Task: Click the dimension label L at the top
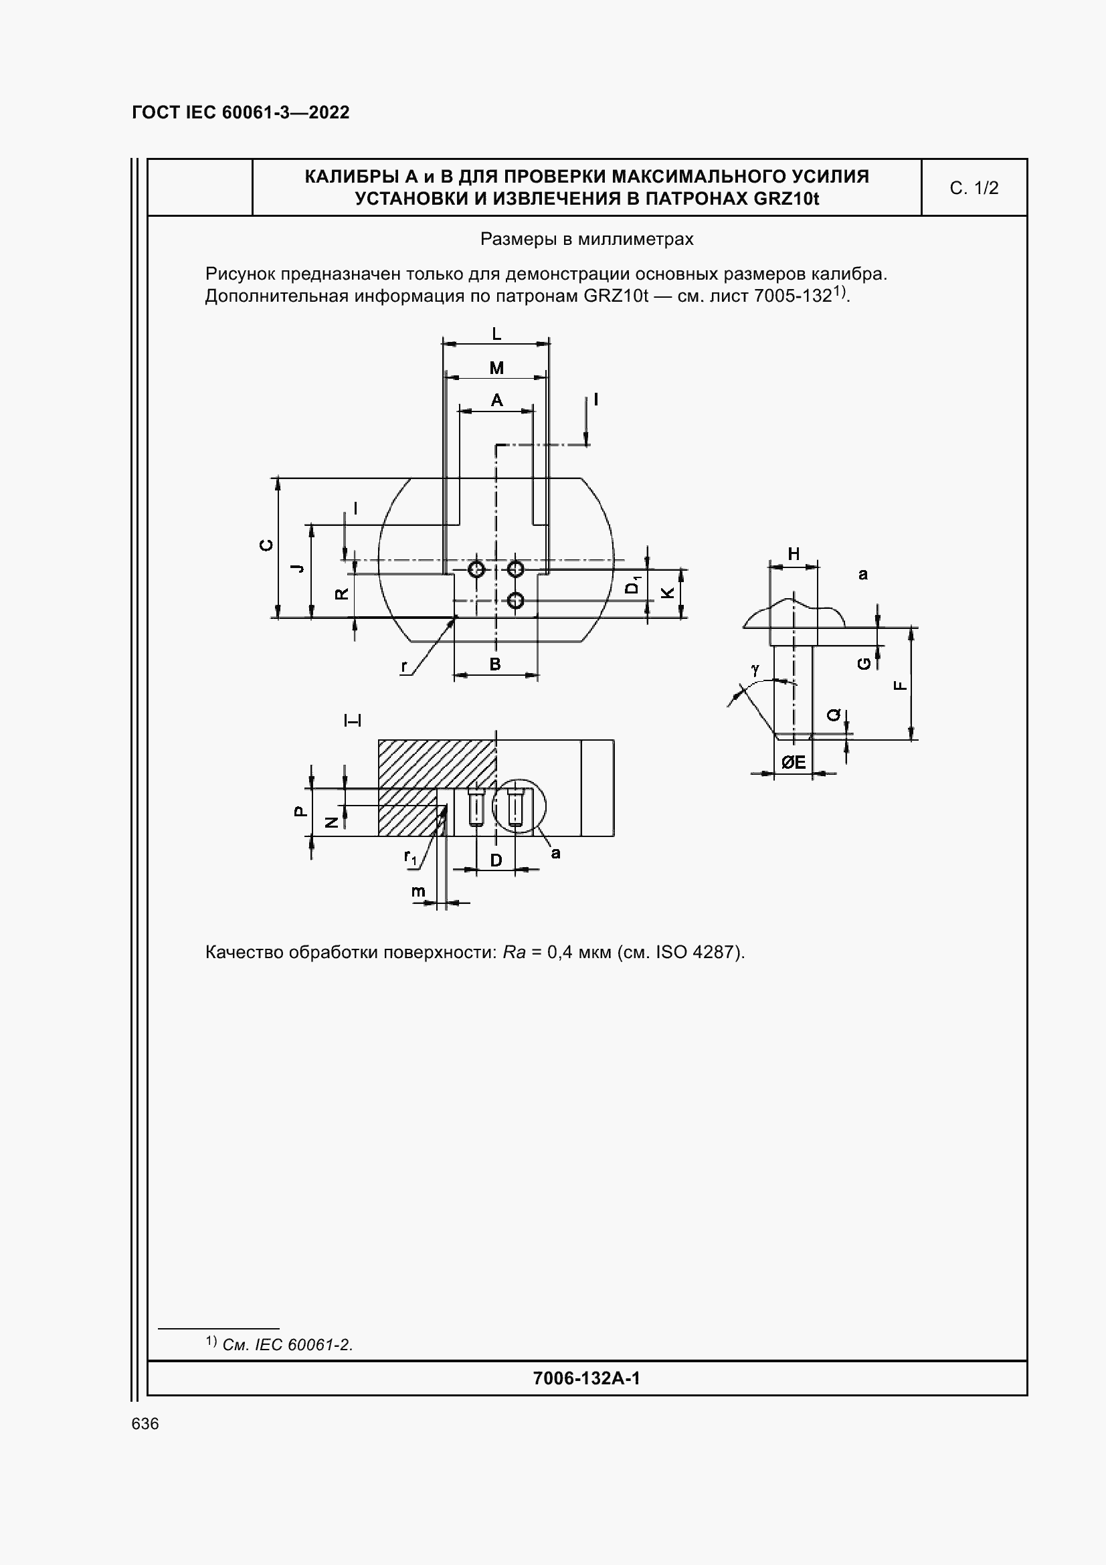(496, 334)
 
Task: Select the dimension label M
(496, 369)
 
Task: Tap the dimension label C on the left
(267, 545)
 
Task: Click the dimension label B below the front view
(495, 664)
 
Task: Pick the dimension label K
(668, 593)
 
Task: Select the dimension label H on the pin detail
(794, 554)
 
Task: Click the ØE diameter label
(794, 763)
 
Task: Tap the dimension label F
(900, 686)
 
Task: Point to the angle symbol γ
(754, 670)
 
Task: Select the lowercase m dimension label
(418, 891)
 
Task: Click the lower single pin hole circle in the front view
(516, 600)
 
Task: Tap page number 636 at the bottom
(145, 1424)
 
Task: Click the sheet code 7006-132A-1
(586, 1379)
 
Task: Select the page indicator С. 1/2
(974, 188)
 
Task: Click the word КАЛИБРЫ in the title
(351, 177)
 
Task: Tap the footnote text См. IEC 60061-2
(288, 1345)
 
